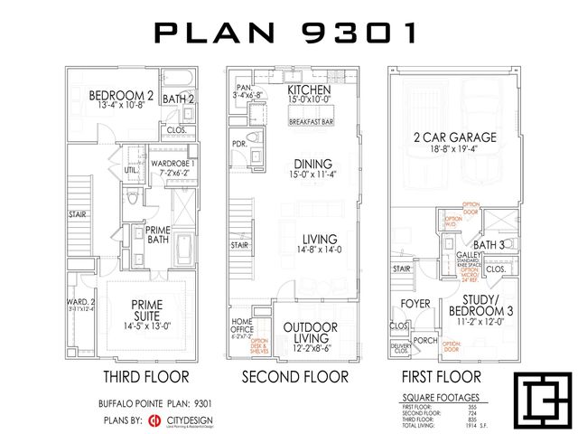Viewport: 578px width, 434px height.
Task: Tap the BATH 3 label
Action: pos(489,244)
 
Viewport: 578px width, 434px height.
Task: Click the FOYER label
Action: pos(415,304)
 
